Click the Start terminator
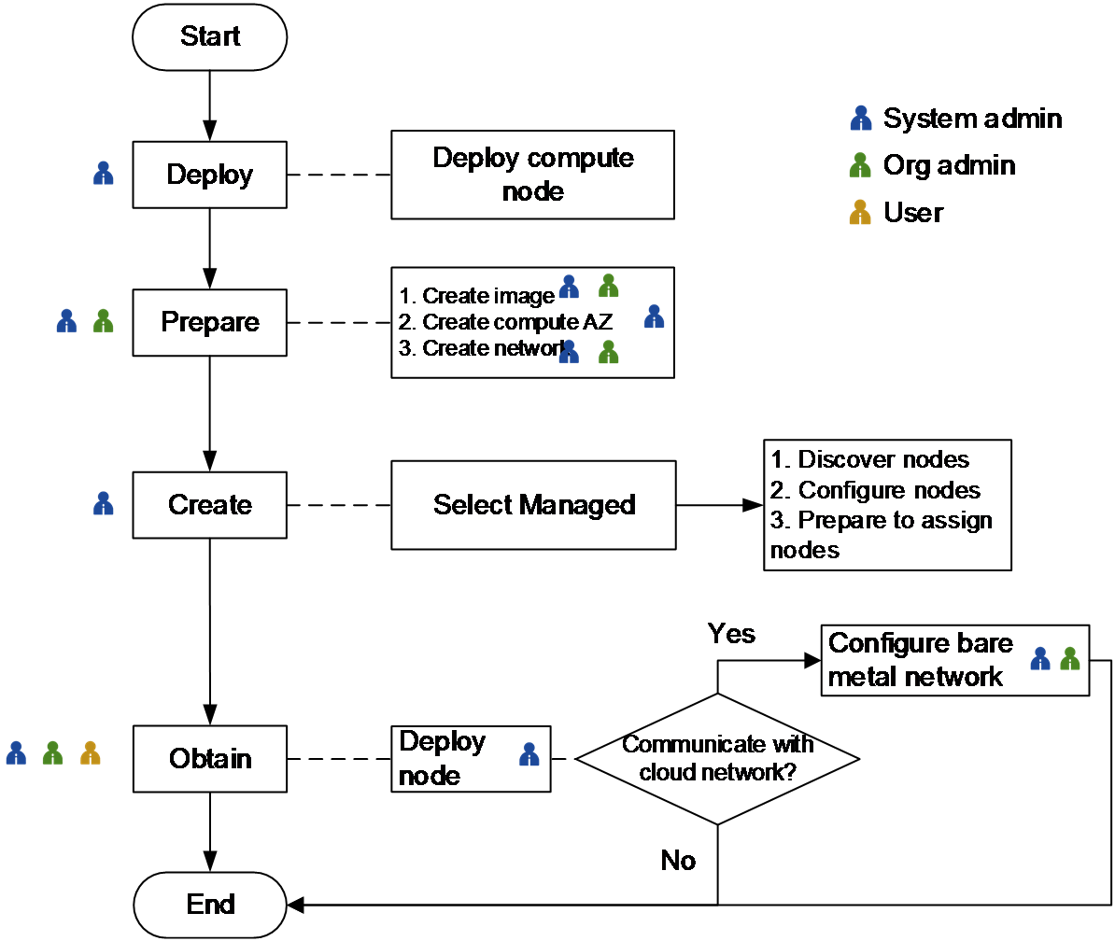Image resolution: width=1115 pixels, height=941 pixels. [x=210, y=37]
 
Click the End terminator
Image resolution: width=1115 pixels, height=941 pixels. [x=210, y=905]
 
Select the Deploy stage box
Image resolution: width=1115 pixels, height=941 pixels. [x=210, y=175]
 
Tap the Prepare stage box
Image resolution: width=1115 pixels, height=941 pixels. [x=210, y=322]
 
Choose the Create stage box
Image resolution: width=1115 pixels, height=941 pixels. [x=210, y=505]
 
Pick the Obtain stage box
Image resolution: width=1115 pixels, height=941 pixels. [x=210, y=758]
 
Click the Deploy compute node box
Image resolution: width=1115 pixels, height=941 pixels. [x=532, y=175]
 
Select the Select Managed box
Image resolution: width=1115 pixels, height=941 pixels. [x=533, y=505]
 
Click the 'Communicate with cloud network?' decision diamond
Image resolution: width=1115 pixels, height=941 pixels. [x=717, y=758]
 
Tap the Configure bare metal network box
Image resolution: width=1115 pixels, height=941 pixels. [x=956, y=660]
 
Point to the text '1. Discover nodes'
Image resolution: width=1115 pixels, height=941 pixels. [x=869, y=460]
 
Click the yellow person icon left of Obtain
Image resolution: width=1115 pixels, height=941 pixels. [x=91, y=752]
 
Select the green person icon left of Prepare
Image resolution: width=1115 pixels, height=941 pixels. [x=104, y=321]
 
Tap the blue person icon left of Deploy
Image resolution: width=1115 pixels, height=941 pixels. [x=104, y=173]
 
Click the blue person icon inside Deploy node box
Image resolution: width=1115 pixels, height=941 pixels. [x=529, y=754]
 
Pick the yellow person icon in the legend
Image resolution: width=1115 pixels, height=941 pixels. [x=859, y=213]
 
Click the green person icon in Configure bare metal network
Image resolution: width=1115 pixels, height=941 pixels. [x=1070, y=659]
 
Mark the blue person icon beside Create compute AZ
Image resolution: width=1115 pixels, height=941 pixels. [x=655, y=316]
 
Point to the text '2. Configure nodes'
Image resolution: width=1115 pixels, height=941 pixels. [x=875, y=490]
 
